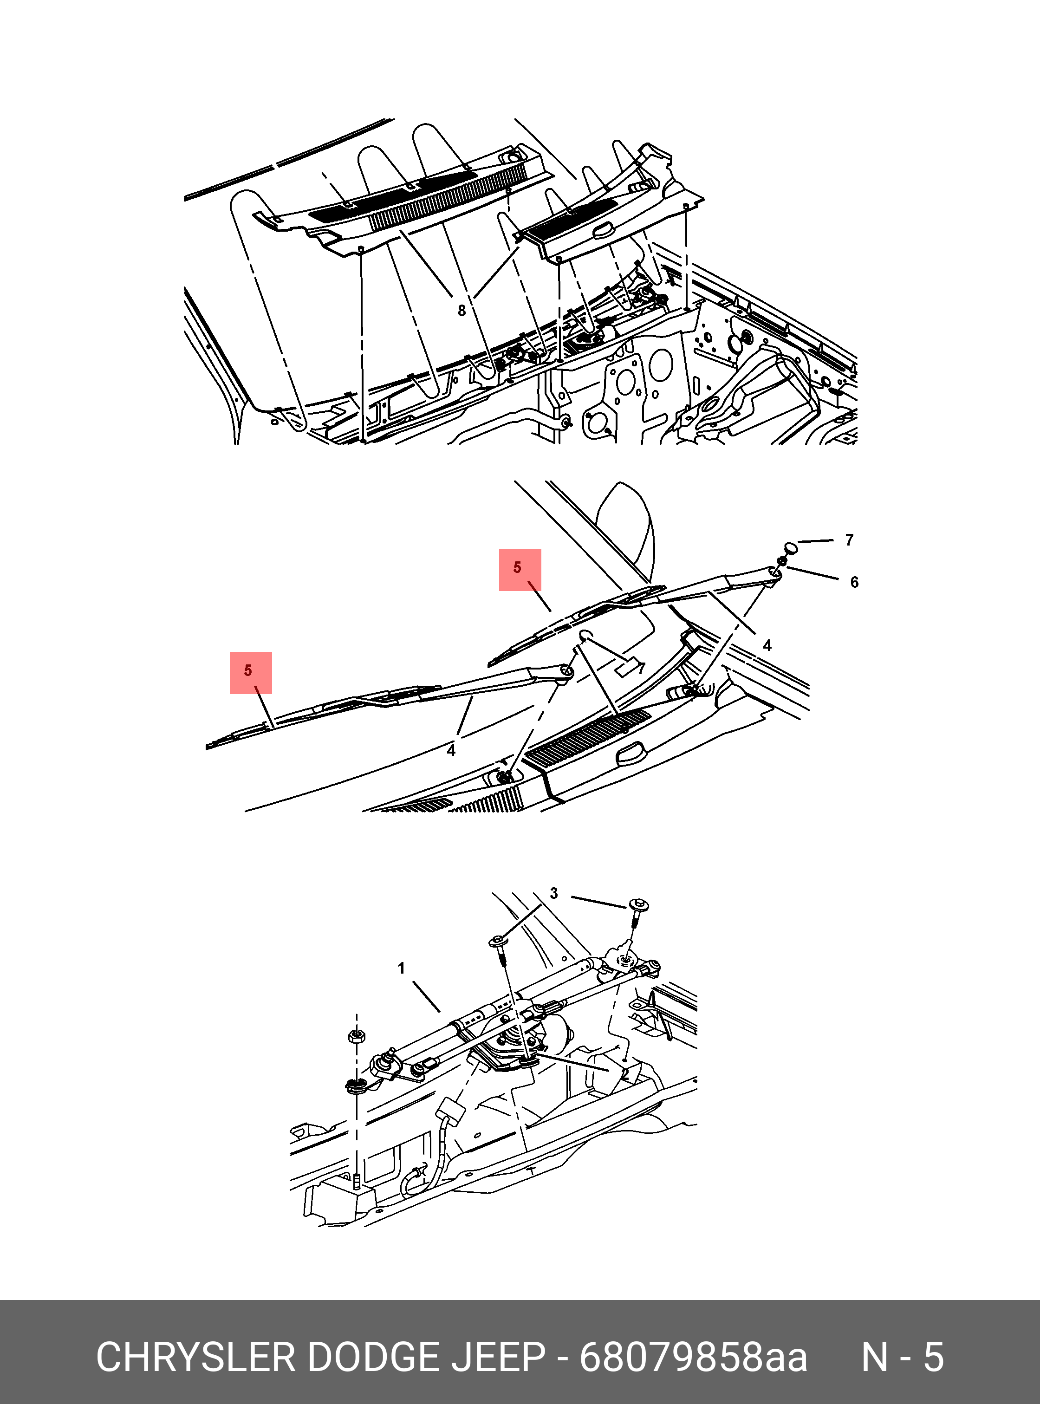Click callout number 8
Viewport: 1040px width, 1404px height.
point(461,311)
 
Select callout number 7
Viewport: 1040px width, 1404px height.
point(849,539)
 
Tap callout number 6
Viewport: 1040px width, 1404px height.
point(854,582)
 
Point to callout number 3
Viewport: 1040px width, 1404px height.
point(554,893)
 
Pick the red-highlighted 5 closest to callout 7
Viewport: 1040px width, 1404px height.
point(520,569)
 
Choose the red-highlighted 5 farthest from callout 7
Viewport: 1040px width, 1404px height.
point(251,672)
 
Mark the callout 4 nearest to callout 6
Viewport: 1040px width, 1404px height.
point(767,645)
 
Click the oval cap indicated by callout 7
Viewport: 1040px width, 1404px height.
point(791,546)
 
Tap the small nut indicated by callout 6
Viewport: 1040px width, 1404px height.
point(782,560)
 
